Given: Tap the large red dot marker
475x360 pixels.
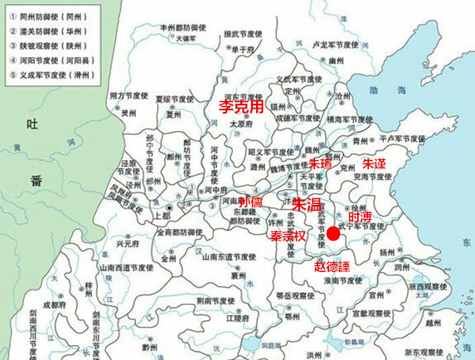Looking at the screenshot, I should [x=333, y=234].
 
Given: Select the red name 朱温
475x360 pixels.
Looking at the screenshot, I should [x=307, y=203].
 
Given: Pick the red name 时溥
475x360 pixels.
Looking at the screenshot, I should [x=361, y=214].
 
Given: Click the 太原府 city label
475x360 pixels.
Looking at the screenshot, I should [x=240, y=124].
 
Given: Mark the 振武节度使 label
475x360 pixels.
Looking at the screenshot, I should [x=242, y=34].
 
